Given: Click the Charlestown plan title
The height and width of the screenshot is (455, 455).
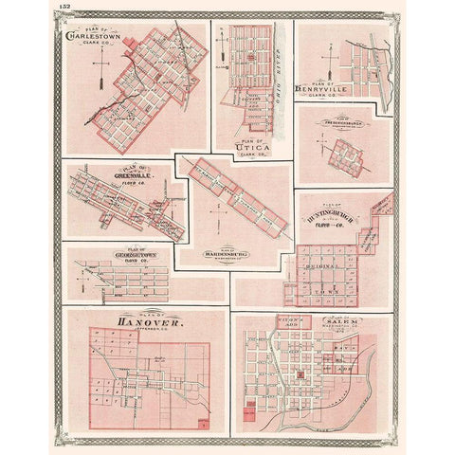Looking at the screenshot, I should [87, 38].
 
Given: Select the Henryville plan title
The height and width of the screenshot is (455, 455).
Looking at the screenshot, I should [323, 90].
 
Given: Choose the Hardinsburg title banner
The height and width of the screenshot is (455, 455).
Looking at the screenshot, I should [219, 254].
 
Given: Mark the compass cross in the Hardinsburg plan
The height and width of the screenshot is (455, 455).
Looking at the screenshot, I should [217, 225].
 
